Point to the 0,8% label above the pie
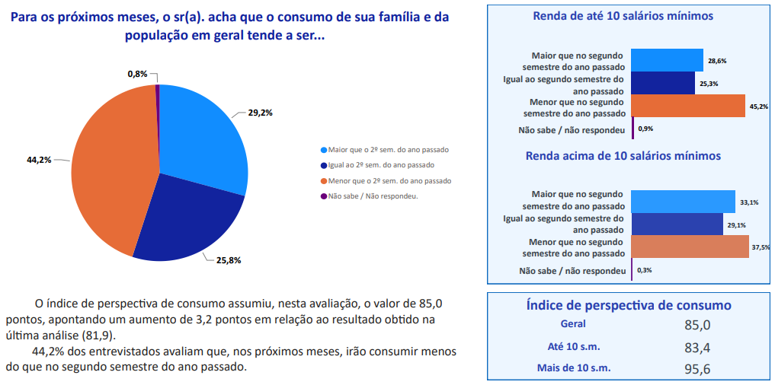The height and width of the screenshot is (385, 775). click(x=137, y=74)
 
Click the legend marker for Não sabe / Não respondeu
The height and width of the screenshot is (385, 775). click(x=324, y=196)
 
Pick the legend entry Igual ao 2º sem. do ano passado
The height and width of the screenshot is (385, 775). click(x=381, y=165)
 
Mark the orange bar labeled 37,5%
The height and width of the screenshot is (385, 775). click(x=690, y=247)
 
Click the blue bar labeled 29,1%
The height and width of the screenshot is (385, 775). click(x=677, y=224)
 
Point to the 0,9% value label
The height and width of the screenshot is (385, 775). click(x=645, y=129)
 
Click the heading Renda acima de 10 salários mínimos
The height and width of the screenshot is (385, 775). click(x=623, y=156)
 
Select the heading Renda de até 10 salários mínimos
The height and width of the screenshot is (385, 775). click(x=623, y=15)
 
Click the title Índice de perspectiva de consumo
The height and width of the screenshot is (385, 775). click(x=629, y=305)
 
